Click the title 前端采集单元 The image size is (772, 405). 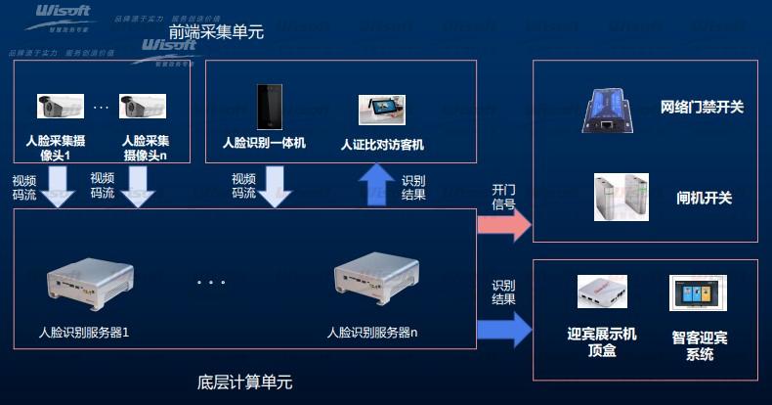(x=216, y=32)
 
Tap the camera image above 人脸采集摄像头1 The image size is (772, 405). (x=58, y=105)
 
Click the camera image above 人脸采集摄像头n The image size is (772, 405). (x=139, y=105)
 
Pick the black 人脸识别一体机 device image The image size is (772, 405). (x=265, y=107)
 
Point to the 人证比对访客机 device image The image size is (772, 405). (x=381, y=110)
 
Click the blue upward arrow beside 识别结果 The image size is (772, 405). (x=375, y=185)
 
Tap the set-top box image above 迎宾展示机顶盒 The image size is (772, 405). (x=602, y=292)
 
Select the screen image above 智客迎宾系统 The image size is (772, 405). (x=698, y=293)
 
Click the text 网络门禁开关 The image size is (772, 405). (x=702, y=107)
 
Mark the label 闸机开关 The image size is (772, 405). (x=704, y=198)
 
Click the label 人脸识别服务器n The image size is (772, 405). (x=372, y=333)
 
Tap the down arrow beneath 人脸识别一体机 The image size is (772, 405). (x=275, y=184)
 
